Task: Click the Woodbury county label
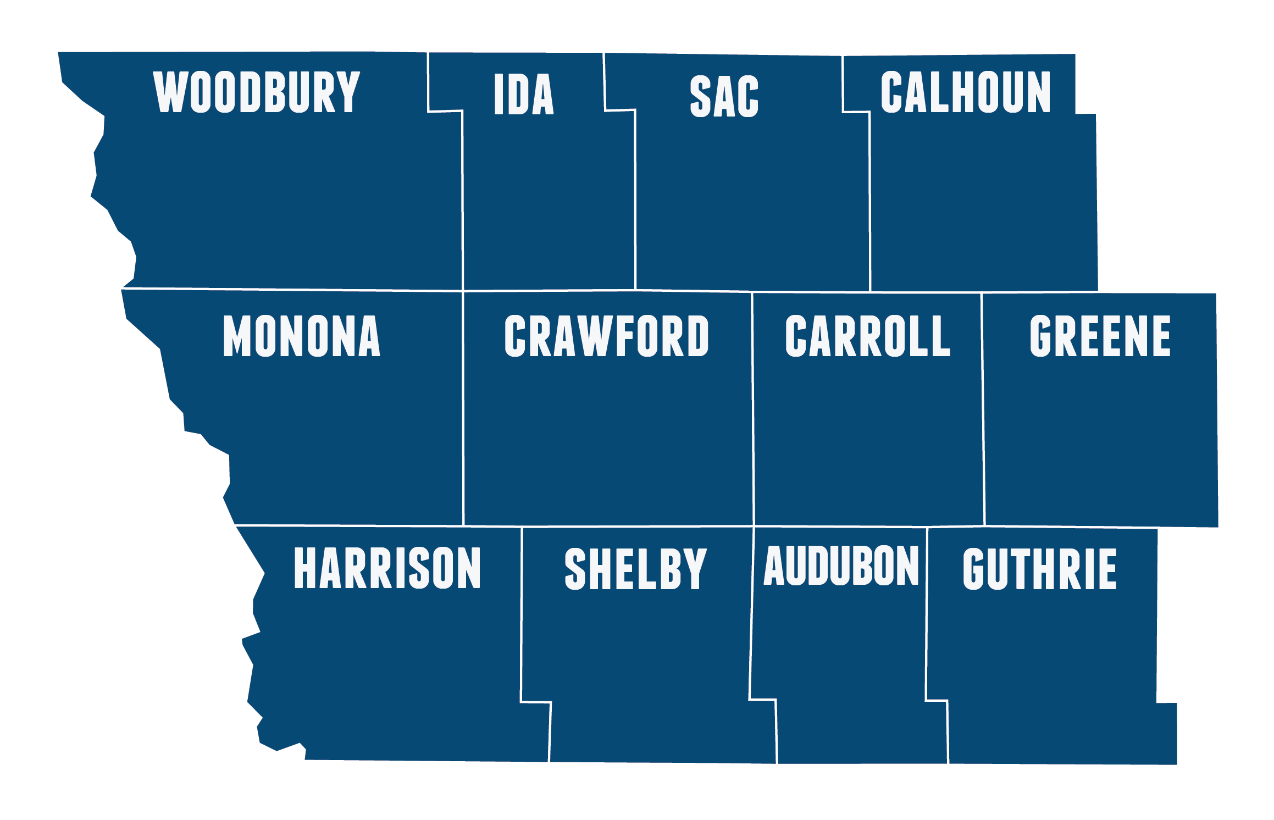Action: (257, 92)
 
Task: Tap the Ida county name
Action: (523, 95)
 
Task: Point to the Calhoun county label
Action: (965, 92)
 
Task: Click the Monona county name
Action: (301, 336)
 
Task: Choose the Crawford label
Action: (606, 336)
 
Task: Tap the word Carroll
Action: (867, 336)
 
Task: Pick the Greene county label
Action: (1100, 336)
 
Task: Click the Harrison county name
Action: (387, 569)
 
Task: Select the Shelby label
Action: (635, 569)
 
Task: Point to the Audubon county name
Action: (841, 566)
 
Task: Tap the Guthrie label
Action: (1039, 569)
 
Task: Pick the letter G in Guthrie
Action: (976, 569)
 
